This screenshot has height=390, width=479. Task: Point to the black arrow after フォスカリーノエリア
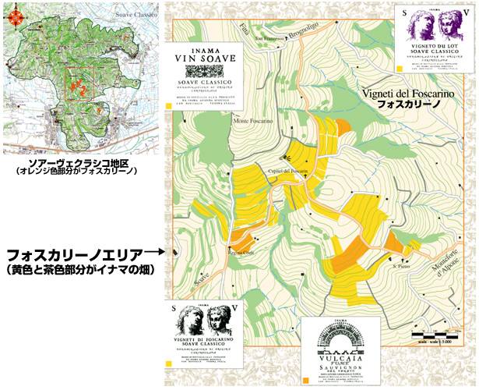[156, 253]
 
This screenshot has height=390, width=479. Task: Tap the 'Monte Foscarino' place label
[252, 122]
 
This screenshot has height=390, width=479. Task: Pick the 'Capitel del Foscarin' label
[290, 170]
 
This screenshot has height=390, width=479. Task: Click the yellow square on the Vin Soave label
[170, 107]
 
